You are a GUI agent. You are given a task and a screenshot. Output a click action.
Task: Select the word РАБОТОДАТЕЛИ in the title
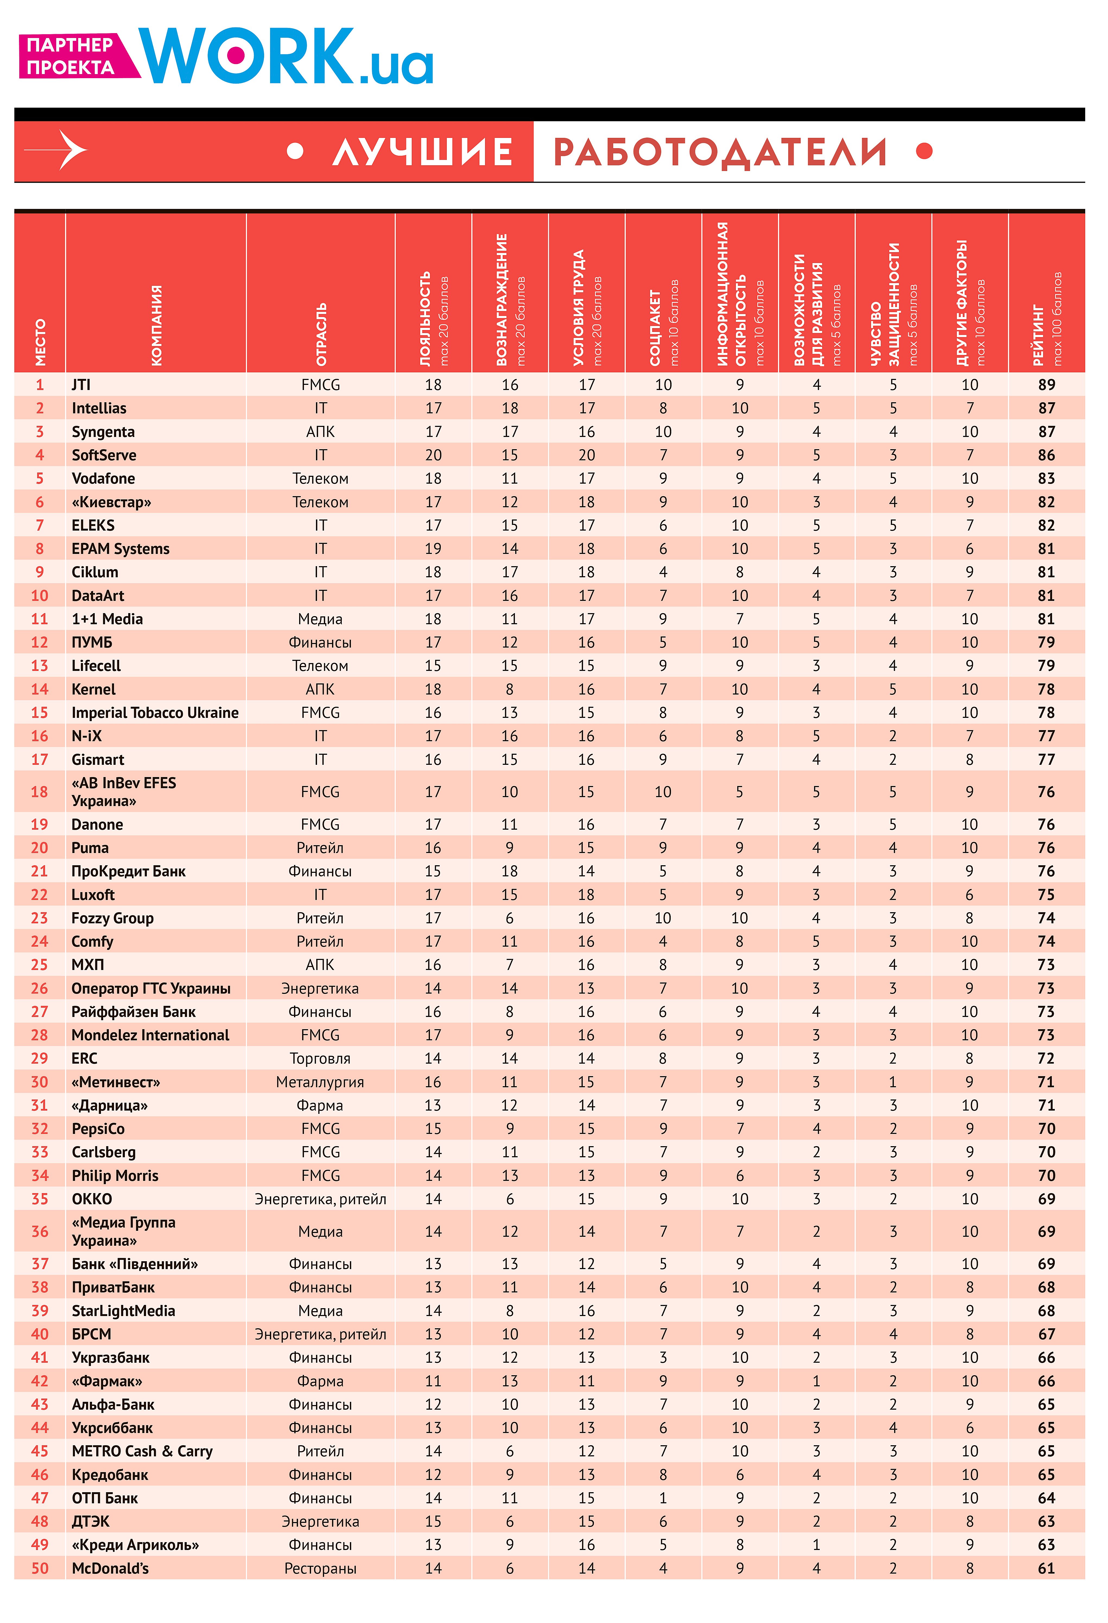click(x=720, y=152)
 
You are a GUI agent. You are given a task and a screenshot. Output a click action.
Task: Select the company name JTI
click(x=81, y=385)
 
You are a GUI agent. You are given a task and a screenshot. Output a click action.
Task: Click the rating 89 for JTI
click(x=1046, y=385)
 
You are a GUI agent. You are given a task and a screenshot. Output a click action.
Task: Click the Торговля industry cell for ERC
click(x=320, y=1059)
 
